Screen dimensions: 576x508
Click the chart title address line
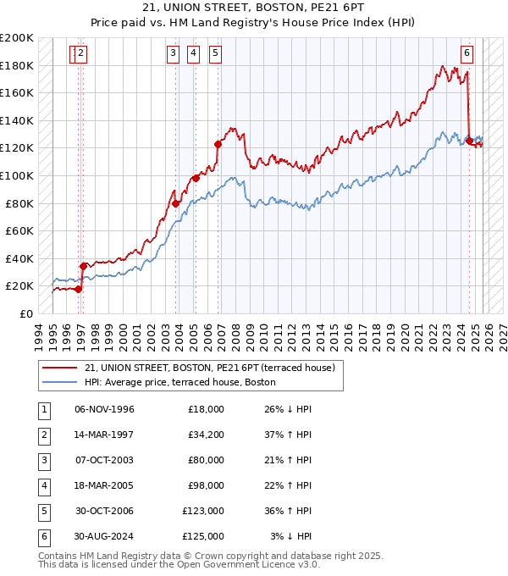(254, 8)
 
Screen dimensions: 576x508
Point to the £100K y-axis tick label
(17, 175)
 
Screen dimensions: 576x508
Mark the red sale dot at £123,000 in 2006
(218, 144)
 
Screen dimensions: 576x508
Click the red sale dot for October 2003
(175, 203)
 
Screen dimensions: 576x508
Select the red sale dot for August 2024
(469, 141)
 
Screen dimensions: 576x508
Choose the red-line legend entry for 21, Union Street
(211, 368)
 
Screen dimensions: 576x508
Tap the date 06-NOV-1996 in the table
(105, 409)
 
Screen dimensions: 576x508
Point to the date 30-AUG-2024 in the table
(105, 536)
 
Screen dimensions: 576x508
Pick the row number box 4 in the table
(43, 485)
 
